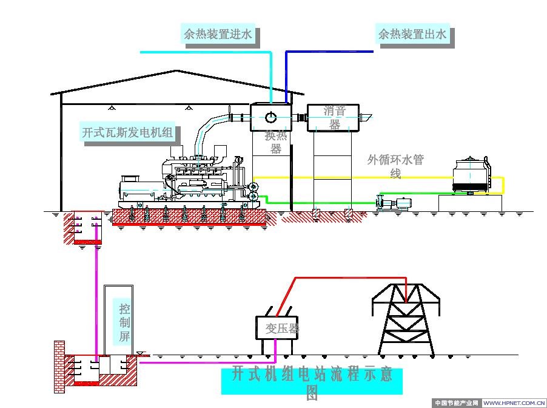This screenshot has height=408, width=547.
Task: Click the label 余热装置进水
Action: coord(218,34)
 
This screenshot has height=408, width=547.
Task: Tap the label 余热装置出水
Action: coord(412,34)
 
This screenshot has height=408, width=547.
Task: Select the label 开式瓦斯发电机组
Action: coord(128,132)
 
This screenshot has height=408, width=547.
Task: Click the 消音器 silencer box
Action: coord(332,118)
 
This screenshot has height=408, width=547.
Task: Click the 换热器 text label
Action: coord(276,142)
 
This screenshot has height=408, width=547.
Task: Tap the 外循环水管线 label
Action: coord(395,166)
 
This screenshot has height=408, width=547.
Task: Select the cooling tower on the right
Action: coord(471,175)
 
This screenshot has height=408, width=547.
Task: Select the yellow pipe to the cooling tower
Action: coord(376,177)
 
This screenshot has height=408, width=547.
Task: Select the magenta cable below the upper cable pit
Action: coord(96,291)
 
